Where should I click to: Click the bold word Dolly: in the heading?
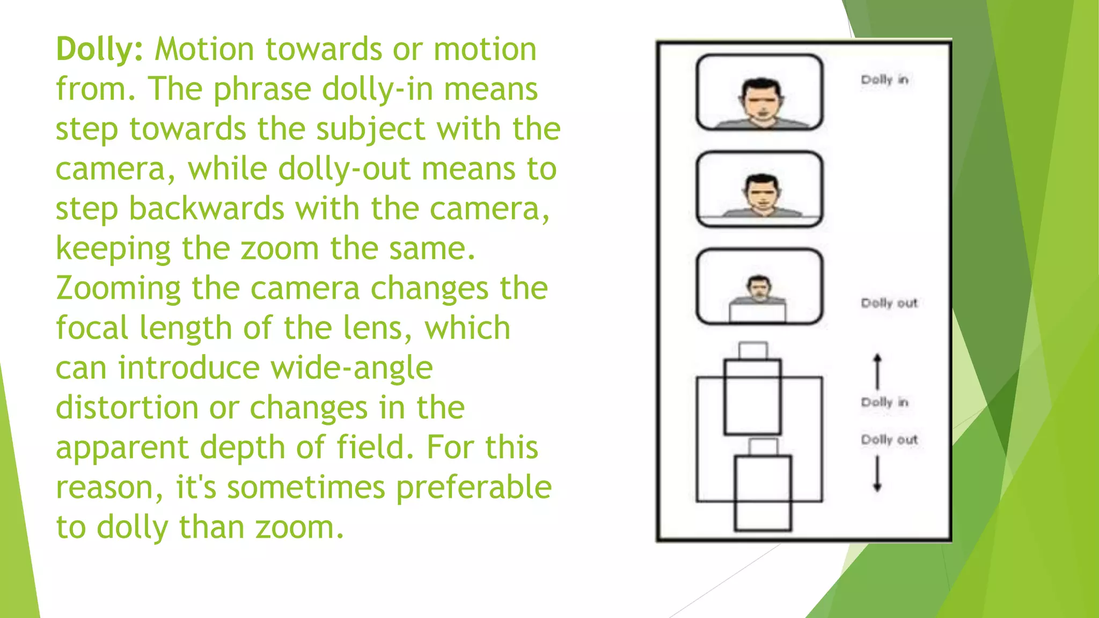[99, 50]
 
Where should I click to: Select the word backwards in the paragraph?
[206, 209]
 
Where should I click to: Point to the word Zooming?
[118, 289]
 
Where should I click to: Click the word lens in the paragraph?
[373, 328]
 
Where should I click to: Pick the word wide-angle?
[351, 368]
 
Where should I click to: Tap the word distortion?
[127, 408]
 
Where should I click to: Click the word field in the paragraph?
[375, 447]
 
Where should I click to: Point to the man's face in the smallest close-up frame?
[758, 289]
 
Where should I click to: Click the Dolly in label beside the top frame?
[884, 80]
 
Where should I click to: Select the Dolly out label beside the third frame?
[889, 303]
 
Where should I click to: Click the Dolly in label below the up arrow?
[884, 402]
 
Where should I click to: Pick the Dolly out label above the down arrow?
[889, 440]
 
